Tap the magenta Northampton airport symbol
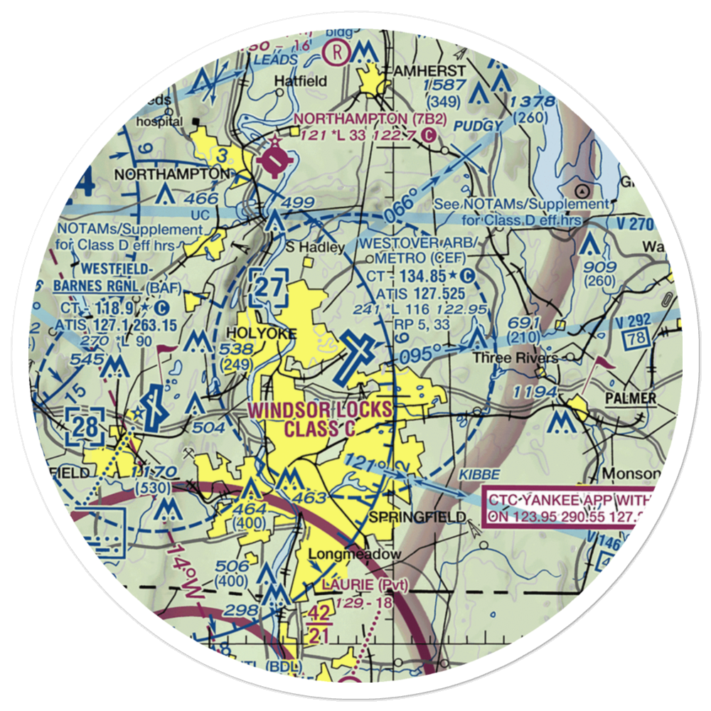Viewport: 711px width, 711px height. pos(273,159)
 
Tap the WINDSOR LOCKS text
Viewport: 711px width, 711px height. pos(320,411)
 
